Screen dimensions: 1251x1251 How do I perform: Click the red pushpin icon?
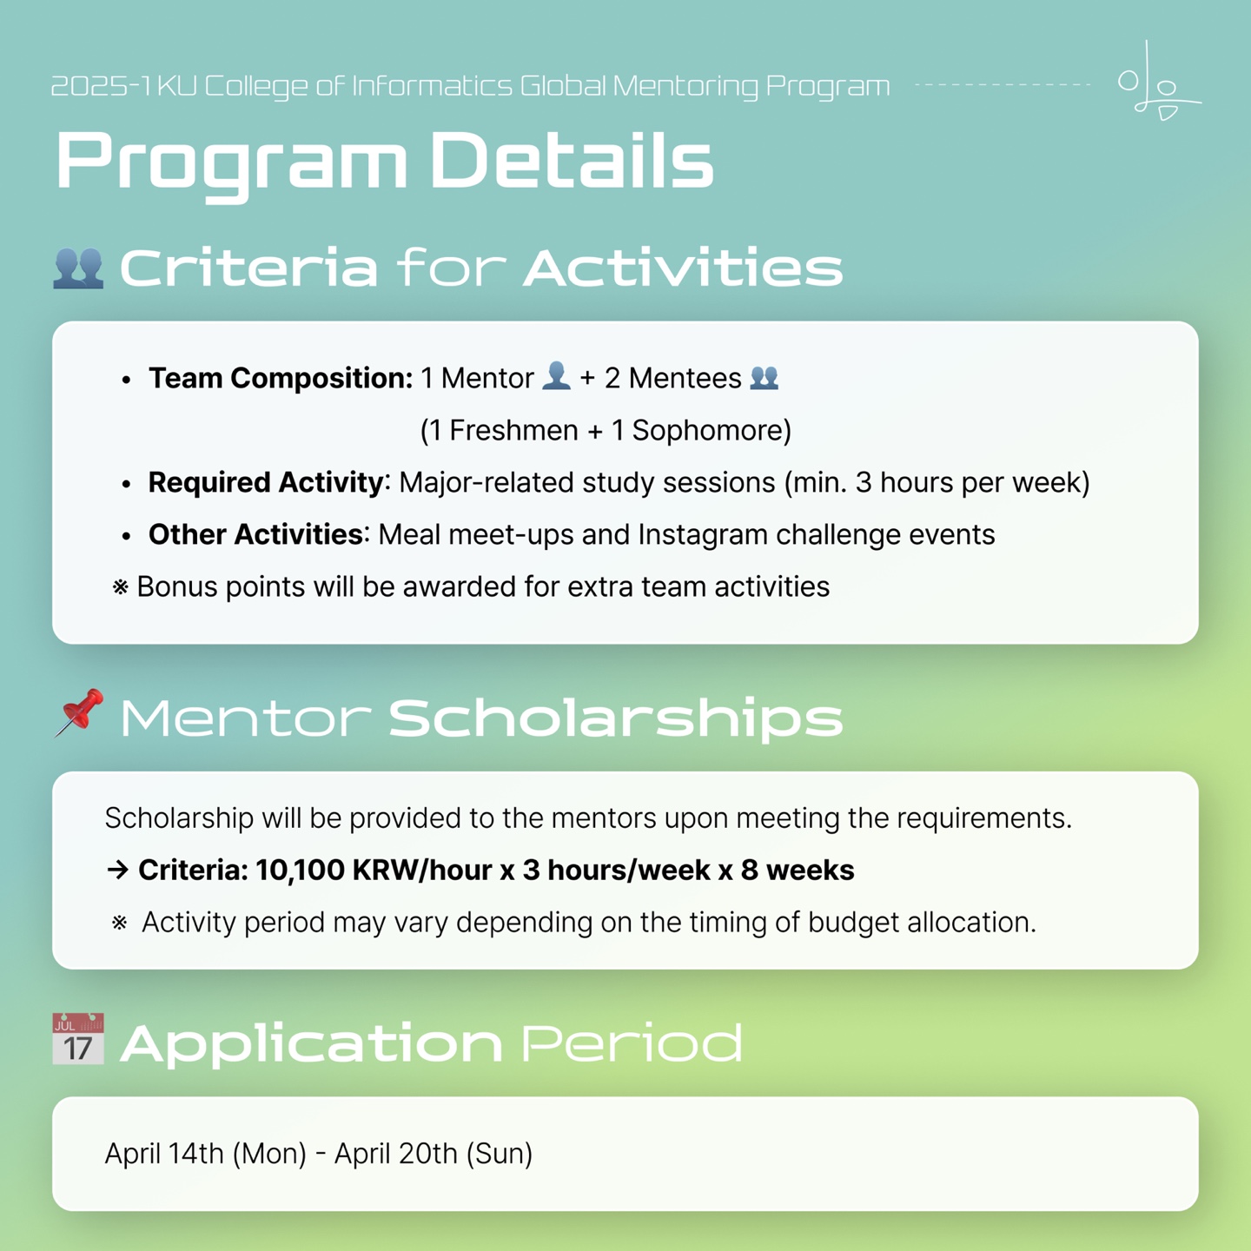(x=78, y=712)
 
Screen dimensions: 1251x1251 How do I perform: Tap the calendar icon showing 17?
(x=78, y=1039)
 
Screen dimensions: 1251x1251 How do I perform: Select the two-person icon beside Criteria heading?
(x=78, y=268)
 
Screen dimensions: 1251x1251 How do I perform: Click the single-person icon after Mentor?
(x=556, y=376)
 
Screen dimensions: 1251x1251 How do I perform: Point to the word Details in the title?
(x=572, y=160)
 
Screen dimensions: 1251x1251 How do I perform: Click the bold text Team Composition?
(x=281, y=378)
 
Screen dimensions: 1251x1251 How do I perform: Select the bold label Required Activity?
(x=266, y=482)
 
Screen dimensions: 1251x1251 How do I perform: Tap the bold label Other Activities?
(x=255, y=534)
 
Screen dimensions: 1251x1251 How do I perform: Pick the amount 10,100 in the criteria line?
(x=299, y=870)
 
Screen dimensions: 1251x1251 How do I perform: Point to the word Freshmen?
(x=513, y=430)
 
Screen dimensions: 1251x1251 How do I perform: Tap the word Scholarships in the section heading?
(x=615, y=718)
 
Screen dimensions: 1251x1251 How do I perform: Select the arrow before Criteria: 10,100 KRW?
(x=117, y=870)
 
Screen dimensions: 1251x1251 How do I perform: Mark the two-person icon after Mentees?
(x=764, y=377)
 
